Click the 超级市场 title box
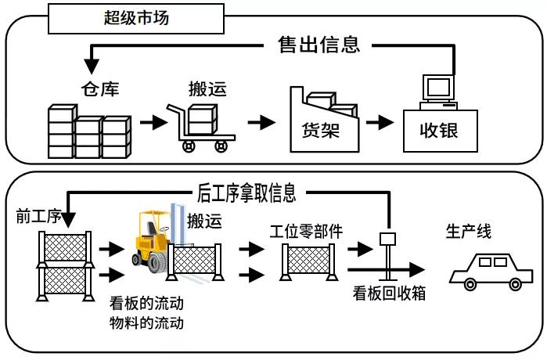136,19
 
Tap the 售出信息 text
318,45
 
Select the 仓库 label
100,88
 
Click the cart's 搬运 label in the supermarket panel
207,88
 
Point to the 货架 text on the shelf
321,131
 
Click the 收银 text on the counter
439,131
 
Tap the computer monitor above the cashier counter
438,88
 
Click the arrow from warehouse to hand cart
153,122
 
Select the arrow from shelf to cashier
380,122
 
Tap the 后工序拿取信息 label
247,193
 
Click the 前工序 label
38,216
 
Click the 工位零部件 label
306,232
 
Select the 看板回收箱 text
389,293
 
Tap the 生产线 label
468,232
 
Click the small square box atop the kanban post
387,239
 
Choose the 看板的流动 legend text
146,303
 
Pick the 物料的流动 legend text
146,322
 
